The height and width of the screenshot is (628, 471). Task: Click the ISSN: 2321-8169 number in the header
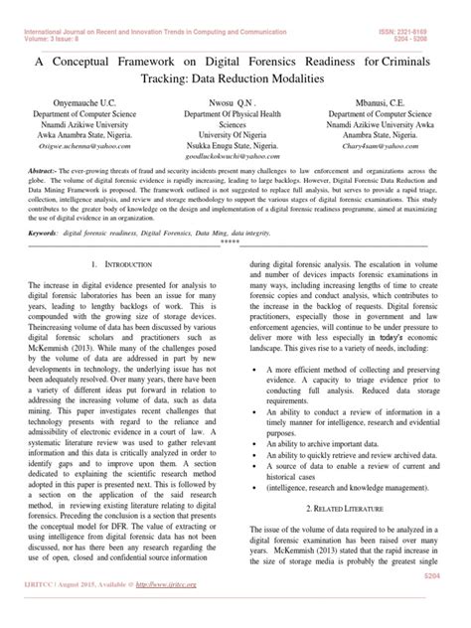[x=425, y=6]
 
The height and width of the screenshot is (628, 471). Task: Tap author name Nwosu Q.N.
[x=235, y=103]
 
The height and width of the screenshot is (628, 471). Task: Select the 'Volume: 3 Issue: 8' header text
[x=44, y=14]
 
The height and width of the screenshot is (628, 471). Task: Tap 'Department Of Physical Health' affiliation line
[x=235, y=115]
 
